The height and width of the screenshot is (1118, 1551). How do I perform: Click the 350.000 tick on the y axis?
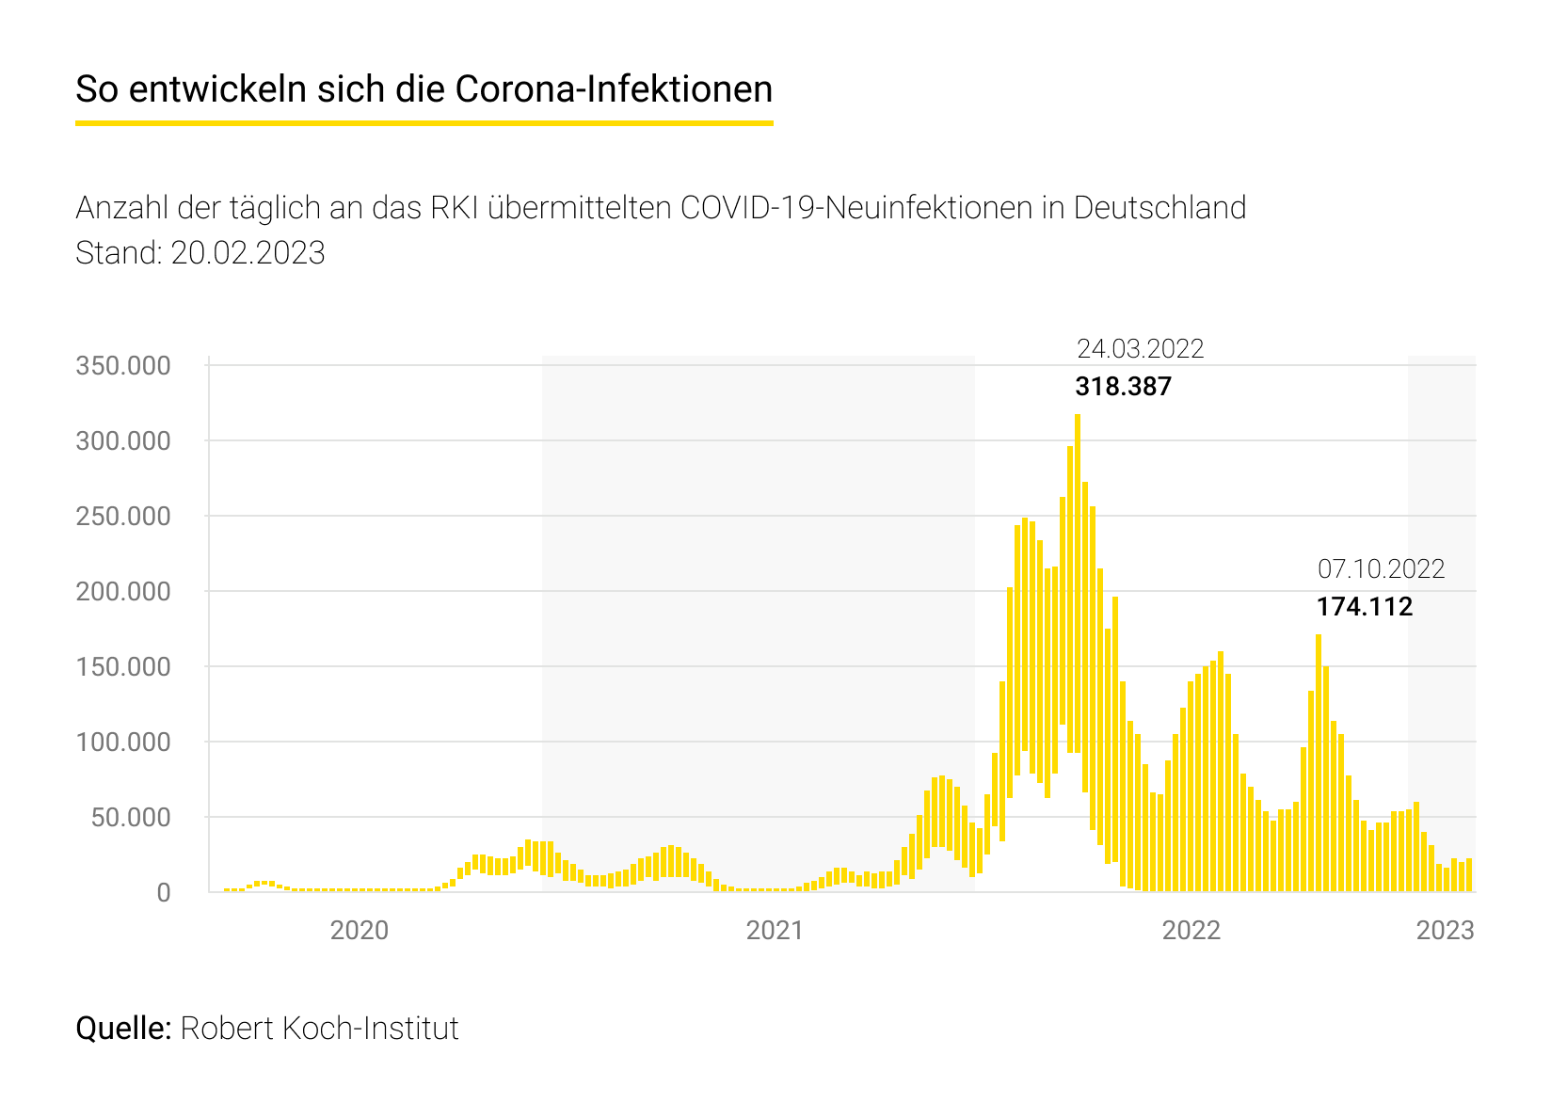pos(122,365)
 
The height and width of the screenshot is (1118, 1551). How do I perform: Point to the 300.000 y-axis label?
pos(122,440)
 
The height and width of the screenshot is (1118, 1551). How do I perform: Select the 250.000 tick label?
pos(122,516)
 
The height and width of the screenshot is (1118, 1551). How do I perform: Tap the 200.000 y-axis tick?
pos(122,591)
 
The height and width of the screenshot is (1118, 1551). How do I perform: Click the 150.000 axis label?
pos(122,666)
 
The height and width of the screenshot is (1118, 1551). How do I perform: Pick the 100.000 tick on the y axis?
pos(122,742)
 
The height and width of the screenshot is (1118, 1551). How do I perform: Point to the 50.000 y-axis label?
pos(130,817)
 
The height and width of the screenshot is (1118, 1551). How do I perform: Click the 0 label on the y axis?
pos(164,892)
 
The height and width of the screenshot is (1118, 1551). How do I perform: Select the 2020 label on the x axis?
pos(360,930)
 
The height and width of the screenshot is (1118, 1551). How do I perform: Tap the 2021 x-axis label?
pos(775,930)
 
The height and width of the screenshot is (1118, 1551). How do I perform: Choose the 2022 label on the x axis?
pos(1191,930)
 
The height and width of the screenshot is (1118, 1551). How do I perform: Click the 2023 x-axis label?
pos(1445,930)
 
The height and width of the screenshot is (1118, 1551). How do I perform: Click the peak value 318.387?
pos(1123,387)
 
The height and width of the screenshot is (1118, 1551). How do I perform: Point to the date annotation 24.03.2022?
pos(1140,349)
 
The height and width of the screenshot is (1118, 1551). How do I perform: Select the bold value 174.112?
pos(1364,607)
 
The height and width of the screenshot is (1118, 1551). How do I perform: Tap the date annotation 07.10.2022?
pos(1381,569)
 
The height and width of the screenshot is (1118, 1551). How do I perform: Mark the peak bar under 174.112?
pos(1319,762)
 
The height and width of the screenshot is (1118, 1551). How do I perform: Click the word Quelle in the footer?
pos(122,1028)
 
